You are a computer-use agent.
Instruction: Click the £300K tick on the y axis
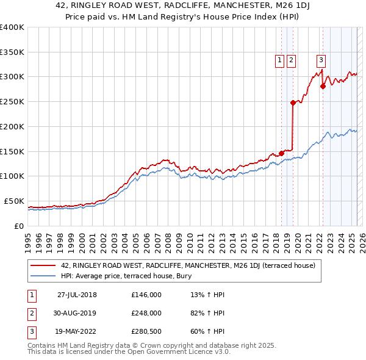12,77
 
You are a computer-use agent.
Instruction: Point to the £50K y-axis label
14,201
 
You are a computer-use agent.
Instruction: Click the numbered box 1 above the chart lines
279,60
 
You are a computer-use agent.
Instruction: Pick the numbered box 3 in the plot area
320,60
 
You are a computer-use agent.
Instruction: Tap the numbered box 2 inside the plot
291,60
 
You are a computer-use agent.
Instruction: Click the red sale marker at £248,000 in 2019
293,103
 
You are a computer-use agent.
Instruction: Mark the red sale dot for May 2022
323,86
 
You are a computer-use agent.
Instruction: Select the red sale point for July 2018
281,153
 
